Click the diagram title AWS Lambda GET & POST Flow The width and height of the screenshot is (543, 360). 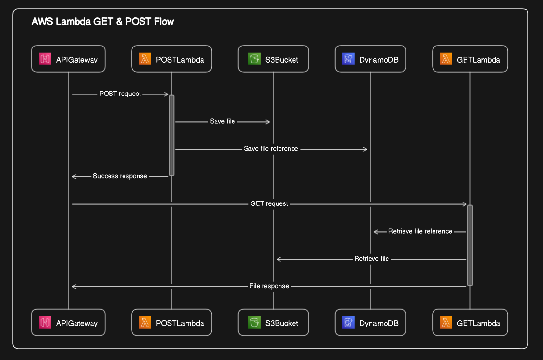point(103,22)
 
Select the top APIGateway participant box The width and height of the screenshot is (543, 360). point(68,59)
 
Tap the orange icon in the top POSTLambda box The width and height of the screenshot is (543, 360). point(145,59)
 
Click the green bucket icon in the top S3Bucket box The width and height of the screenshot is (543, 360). point(254,59)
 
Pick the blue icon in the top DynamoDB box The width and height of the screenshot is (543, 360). point(348,59)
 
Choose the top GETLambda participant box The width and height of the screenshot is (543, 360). point(470,59)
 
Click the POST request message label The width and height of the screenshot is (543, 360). point(120,94)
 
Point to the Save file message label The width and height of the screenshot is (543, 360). point(222,121)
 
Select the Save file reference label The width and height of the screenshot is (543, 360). point(271,149)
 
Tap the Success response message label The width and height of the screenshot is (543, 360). point(120,176)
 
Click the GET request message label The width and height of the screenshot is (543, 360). point(269,203)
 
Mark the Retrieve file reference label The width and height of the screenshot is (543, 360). point(420,231)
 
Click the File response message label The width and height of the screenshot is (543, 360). point(269,286)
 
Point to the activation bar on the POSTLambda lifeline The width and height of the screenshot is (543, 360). point(171,136)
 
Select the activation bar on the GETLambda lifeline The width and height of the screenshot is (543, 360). point(470,245)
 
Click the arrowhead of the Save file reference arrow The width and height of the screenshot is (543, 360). point(365,149)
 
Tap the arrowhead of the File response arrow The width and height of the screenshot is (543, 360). point(74,287)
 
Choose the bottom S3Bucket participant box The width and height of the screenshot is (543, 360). point(273,323)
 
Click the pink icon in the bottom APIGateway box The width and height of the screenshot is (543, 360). point(45,323)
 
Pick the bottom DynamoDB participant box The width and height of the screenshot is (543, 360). point(371,323)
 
